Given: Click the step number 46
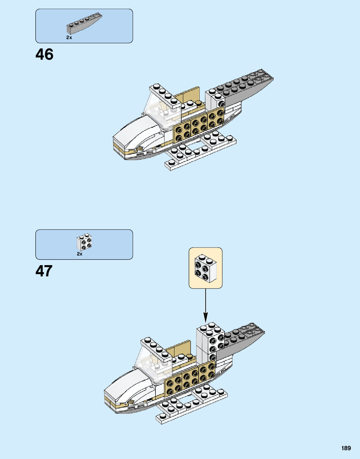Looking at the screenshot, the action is click(44, 54).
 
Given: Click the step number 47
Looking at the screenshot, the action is click(44, 271).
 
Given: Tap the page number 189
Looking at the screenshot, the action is click(346, 448).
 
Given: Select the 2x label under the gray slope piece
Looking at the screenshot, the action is click(69, 38).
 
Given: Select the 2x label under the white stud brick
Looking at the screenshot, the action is click(79, 254).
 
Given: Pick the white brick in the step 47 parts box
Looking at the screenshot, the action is click(84, 242).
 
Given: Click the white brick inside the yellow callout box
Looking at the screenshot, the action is click(205, 268).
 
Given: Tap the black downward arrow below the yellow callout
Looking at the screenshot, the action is click(205, 305).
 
